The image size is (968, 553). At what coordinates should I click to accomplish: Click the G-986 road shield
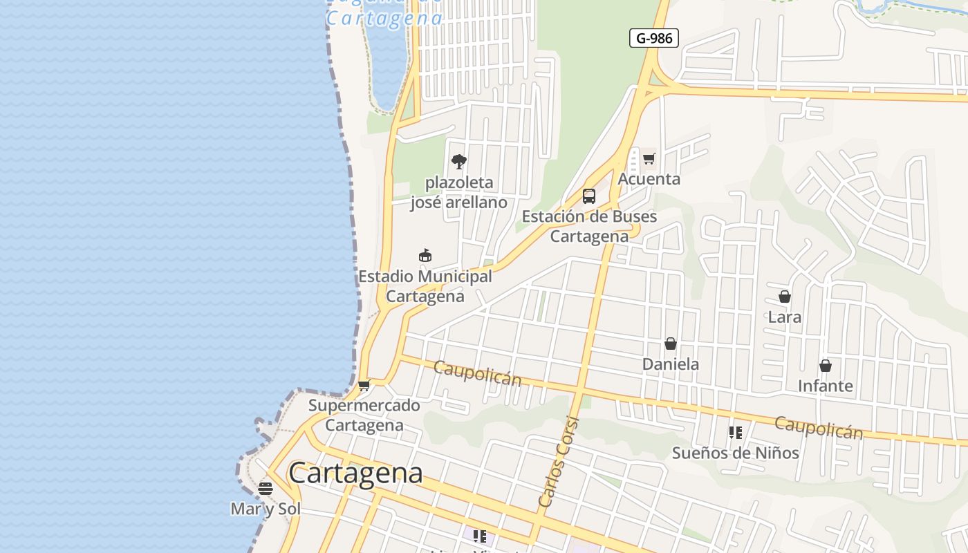click(653, 38)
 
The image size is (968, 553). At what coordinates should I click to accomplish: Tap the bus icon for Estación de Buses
click(589, 196)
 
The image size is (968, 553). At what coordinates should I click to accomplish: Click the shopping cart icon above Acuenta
click(649, 159)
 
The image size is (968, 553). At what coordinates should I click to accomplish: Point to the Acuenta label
click(649, 179)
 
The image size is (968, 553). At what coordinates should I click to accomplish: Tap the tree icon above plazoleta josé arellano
click(458, 162)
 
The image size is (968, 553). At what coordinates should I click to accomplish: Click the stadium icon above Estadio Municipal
click(425, 256)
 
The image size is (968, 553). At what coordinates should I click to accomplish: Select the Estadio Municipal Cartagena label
click(425, 286)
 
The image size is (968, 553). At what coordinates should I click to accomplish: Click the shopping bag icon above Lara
click(785, 297)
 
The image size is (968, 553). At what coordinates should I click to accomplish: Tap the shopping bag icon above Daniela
click(670, 344)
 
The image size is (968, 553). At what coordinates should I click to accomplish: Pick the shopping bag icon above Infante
click(826, 366)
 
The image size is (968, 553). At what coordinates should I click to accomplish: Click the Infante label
click(826, 386)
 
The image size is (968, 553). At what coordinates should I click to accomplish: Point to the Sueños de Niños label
click(736, 453)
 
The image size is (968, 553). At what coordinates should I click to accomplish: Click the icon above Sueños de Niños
click(736, 433)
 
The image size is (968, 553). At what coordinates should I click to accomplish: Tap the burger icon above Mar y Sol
click(266, 489)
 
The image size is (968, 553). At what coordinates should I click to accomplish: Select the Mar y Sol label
click(266, 509)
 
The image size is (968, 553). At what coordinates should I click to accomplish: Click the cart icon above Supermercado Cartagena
click(364, 385)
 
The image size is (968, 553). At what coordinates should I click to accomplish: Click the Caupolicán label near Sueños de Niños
click(819, 427)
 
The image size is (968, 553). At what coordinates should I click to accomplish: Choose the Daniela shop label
click(671, 364)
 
